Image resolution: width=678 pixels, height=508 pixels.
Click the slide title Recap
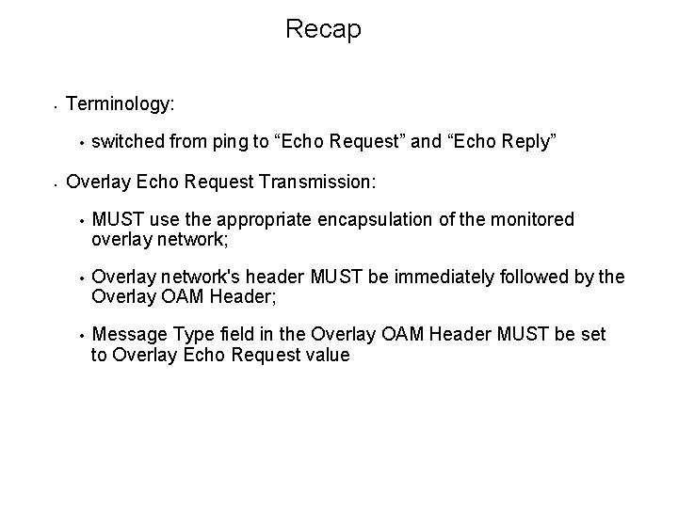click(323, 30)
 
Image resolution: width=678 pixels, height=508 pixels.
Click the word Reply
click(534, 141)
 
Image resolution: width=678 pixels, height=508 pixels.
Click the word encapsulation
click(375, 219)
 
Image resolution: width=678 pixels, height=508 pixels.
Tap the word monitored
click(534, 219)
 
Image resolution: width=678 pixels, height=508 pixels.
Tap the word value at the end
click(327, 356)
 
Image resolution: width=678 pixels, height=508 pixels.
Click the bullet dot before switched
click(83, 144)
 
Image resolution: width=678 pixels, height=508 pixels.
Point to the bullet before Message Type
click(83, 337)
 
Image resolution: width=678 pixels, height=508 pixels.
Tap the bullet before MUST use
click(83, 222)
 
